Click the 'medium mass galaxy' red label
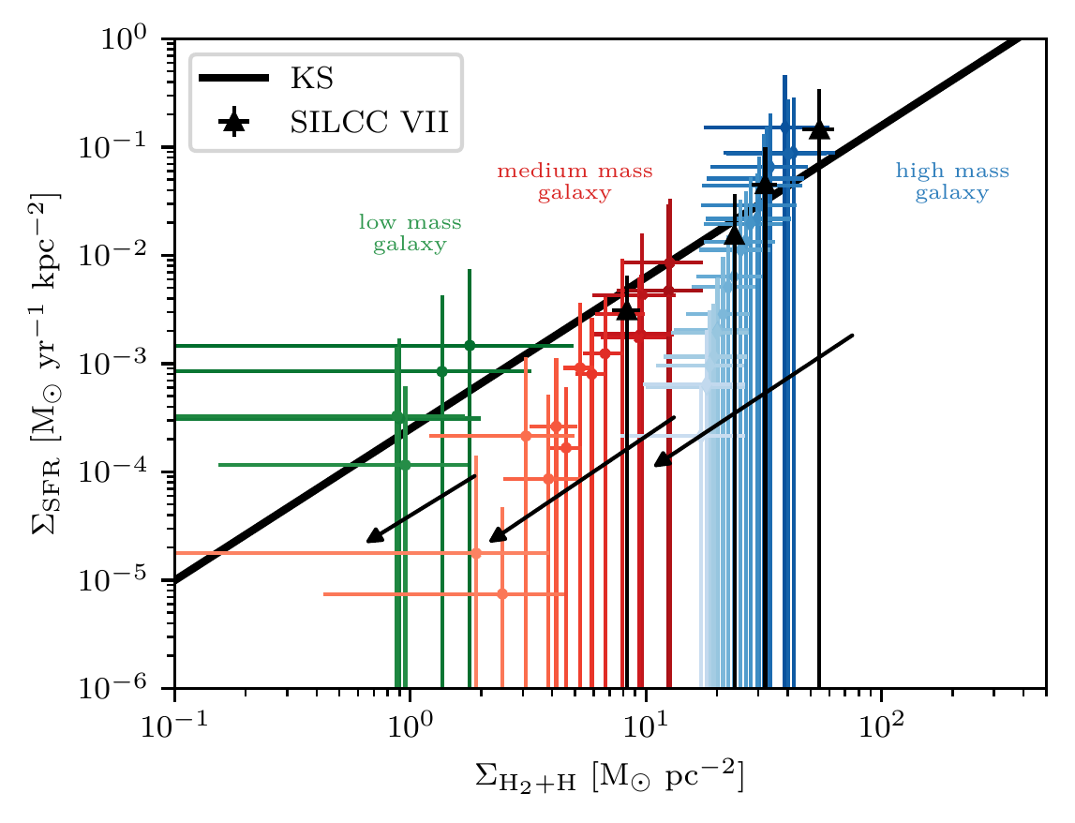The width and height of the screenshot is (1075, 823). pos(574,182)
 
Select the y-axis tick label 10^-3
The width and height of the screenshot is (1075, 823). pos(130,364)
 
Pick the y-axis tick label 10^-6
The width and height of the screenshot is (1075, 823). pos(130,689)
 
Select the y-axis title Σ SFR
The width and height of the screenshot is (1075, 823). pos(41,364)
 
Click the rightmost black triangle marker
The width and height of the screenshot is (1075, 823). pos(819,128)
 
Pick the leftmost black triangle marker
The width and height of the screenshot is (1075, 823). pos(626,310)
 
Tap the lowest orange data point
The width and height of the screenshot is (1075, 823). pos(502,593)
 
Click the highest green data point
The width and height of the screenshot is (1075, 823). pos(470,345)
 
